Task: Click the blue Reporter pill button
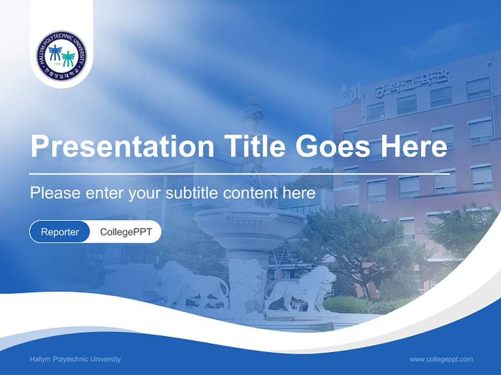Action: point(60,232)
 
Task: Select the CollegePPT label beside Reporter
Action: point(126,232)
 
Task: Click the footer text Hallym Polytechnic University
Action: point(75,359)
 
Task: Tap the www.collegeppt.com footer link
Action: point(441,359)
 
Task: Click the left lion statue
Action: point(193,286)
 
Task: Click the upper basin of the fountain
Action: point(249,221)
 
